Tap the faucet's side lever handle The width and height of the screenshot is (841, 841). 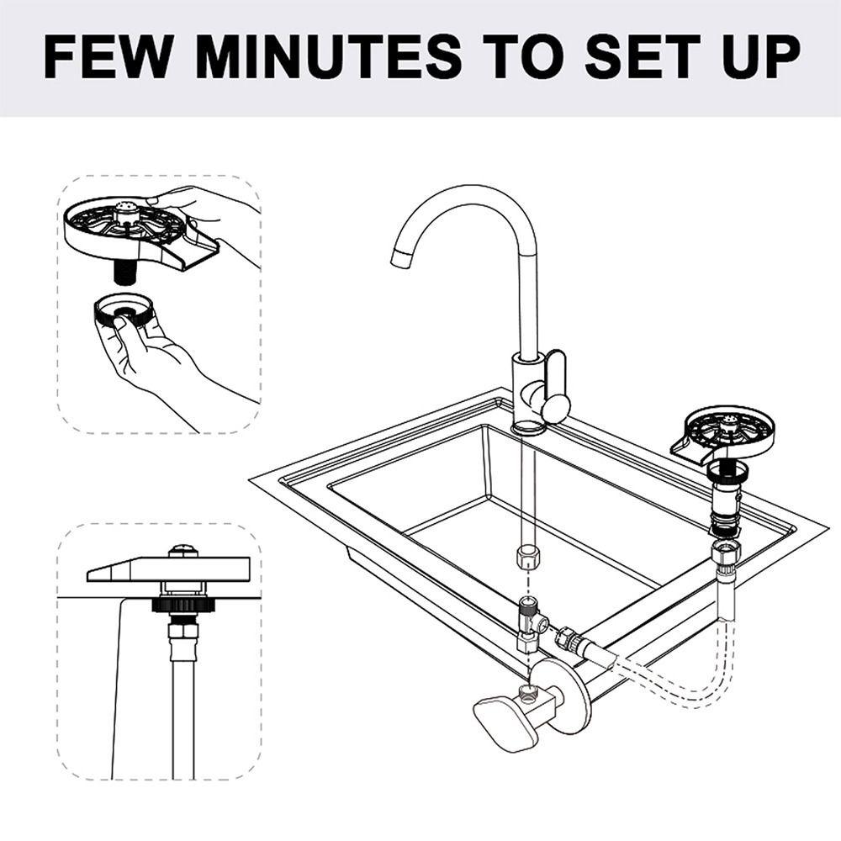554,389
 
